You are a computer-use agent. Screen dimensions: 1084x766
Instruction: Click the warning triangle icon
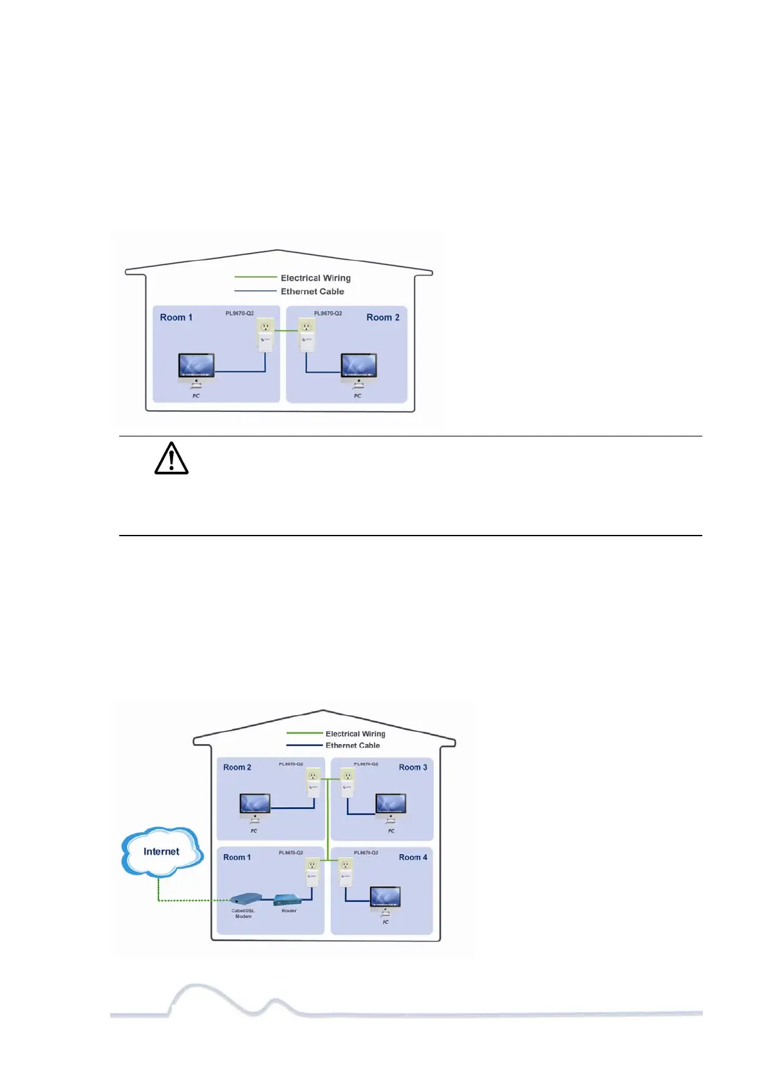point(171,459)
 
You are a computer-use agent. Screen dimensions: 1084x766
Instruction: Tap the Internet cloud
point(162,852)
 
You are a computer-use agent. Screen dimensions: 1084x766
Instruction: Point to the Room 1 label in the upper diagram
point(176,317)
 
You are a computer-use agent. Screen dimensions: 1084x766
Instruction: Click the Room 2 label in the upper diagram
point(383,317)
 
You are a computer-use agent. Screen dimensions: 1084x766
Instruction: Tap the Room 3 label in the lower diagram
point(413,767)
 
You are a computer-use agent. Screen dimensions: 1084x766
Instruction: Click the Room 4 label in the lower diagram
point(413,857)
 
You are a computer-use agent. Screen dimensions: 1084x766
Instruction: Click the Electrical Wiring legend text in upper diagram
point(315,278)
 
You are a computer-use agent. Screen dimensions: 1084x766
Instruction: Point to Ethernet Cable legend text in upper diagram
point(312,292)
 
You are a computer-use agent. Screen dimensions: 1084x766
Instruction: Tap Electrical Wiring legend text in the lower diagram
point(355,734)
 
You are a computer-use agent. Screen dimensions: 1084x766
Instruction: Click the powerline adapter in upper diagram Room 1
point(265,334)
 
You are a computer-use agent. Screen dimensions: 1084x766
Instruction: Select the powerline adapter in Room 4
point(346,872)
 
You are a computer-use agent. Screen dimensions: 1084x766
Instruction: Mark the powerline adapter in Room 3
point(348,783)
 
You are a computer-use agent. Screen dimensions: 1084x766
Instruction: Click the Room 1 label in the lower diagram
point(237,857)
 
